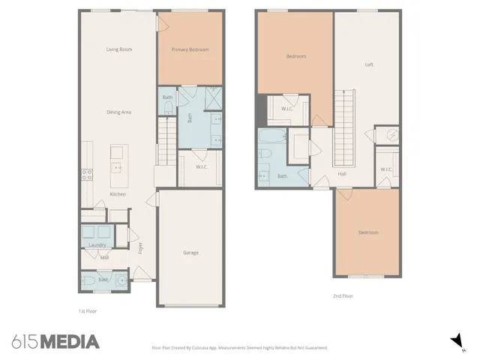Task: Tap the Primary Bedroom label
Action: tap(190, 50)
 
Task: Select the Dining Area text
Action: tap(118, 112)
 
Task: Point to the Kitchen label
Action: tap(118, 194)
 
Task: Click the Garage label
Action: tap(190, 253)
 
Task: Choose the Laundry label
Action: tap(95, 244)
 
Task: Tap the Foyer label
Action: tap(139, 248)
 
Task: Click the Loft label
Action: tap(369, 64)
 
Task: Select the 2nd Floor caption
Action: tap(343, 296)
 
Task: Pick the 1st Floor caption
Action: tap(88, 310)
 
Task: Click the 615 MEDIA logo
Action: tap(55, 342)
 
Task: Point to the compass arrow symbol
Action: tap(455, 341)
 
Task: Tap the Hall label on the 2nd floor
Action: tap(342, 174)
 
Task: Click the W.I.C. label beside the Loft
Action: tap(386, 169)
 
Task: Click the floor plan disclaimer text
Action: tap(240, 348)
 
